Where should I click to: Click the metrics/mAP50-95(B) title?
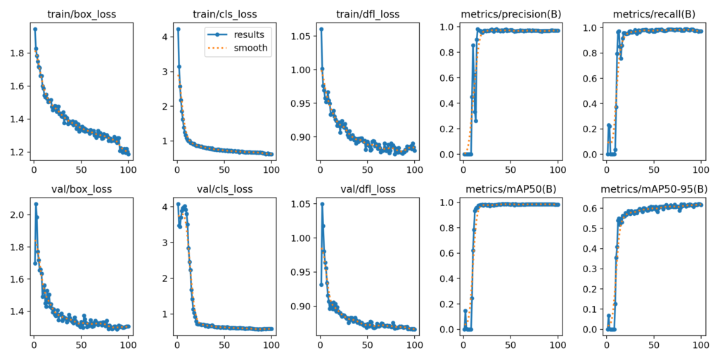click(653, 189)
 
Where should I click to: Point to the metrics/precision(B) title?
click(510, 14)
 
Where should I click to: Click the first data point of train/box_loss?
click(34, 30)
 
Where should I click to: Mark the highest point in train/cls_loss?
click(178, 30)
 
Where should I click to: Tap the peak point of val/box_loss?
click(36, 204)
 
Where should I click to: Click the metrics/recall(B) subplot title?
click(653, 14)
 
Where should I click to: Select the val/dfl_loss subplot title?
click(368, 189)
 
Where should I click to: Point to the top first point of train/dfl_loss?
click(321, 30)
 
